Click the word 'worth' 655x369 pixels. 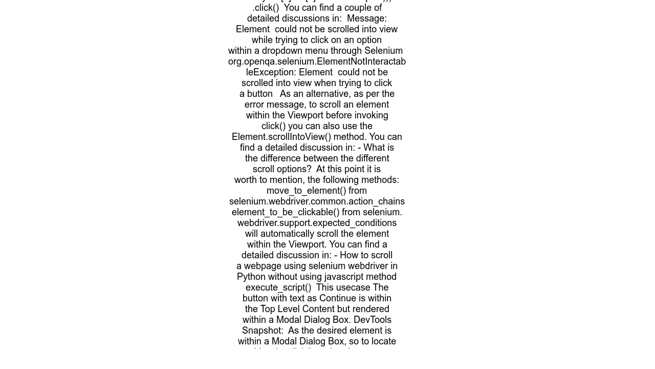pyautogui.click(x=247, y=180)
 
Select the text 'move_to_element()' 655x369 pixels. pyautogui.click(x=307, y=191)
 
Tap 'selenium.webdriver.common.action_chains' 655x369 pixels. pyautogui.click(x=317, y=202)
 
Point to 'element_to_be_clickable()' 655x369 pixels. pyautogui.click(x=286, y=213)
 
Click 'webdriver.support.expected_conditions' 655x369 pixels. pyautogui.click(x=317, y=223)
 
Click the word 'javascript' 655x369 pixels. pyautogui.click(x=351, y=277)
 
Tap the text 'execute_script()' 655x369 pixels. pyautogui.click(x=278, y=288)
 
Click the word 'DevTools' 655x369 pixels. pyautogui.click(x=373, y=320)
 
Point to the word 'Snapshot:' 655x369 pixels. pyautogui.click(x=263, y=331)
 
